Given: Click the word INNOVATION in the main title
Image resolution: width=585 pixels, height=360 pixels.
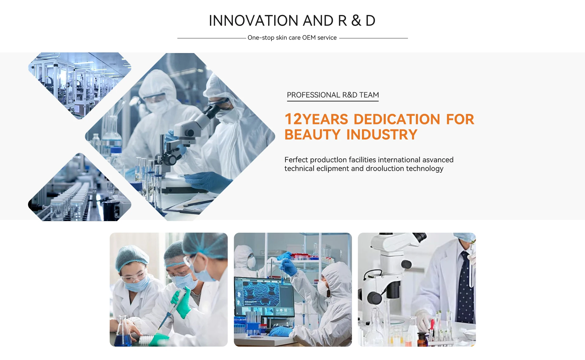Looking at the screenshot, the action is (253, 21).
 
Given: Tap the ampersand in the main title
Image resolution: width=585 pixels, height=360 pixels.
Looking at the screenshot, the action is (356, 21).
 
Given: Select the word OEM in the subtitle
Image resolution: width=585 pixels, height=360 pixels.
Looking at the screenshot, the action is (309, 37).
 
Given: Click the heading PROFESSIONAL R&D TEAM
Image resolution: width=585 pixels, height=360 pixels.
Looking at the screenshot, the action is (333, 95).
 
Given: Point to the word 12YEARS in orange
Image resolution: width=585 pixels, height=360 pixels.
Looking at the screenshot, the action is (316, 119).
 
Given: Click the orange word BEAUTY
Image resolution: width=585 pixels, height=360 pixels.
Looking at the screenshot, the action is (312, 135).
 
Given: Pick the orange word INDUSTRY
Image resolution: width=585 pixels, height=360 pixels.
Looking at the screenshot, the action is (382, 135).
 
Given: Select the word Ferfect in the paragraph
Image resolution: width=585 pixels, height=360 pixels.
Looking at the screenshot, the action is (296, 160).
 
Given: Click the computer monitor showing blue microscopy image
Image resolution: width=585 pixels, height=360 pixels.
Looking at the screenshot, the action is (264, 297).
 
